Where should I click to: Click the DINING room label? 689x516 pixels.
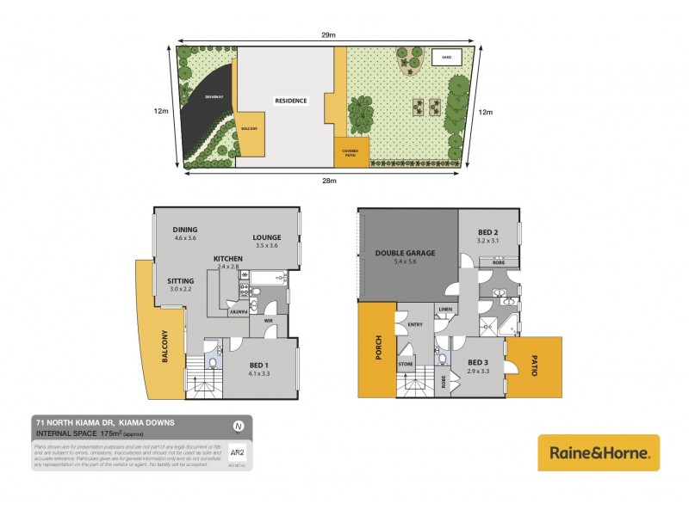185,230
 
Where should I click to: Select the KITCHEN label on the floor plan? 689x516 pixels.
228,258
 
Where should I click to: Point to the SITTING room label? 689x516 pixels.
180,280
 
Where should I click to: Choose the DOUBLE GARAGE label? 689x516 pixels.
404,253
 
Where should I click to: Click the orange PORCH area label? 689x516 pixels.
376,349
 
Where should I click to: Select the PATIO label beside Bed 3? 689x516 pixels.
534,367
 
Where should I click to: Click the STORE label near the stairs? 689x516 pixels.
406,365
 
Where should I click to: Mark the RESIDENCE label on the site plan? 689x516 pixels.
290,101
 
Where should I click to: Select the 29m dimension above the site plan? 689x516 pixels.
329,34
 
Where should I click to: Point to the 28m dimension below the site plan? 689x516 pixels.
329,181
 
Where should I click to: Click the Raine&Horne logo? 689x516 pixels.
599,451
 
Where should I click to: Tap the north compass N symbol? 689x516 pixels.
238,425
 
